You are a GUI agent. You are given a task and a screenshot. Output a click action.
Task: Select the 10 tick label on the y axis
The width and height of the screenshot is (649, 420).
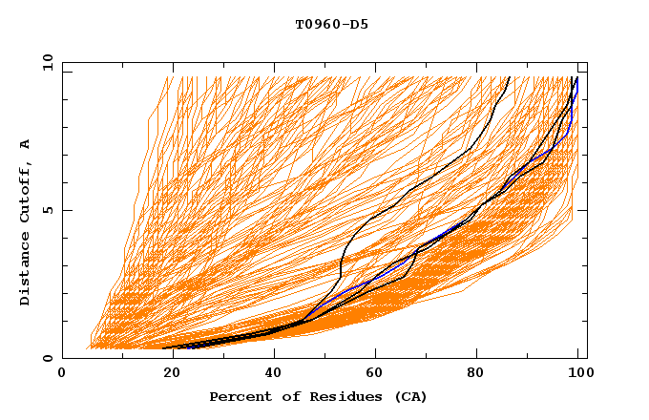pyautogui.click(x=44, y=62)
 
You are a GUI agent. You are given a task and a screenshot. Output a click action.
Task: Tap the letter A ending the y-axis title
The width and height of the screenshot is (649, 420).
pyautogui.click(x=25, y=144)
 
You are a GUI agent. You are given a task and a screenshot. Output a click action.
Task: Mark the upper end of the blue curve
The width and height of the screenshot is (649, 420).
pyautogui.click(x=576, y=78)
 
